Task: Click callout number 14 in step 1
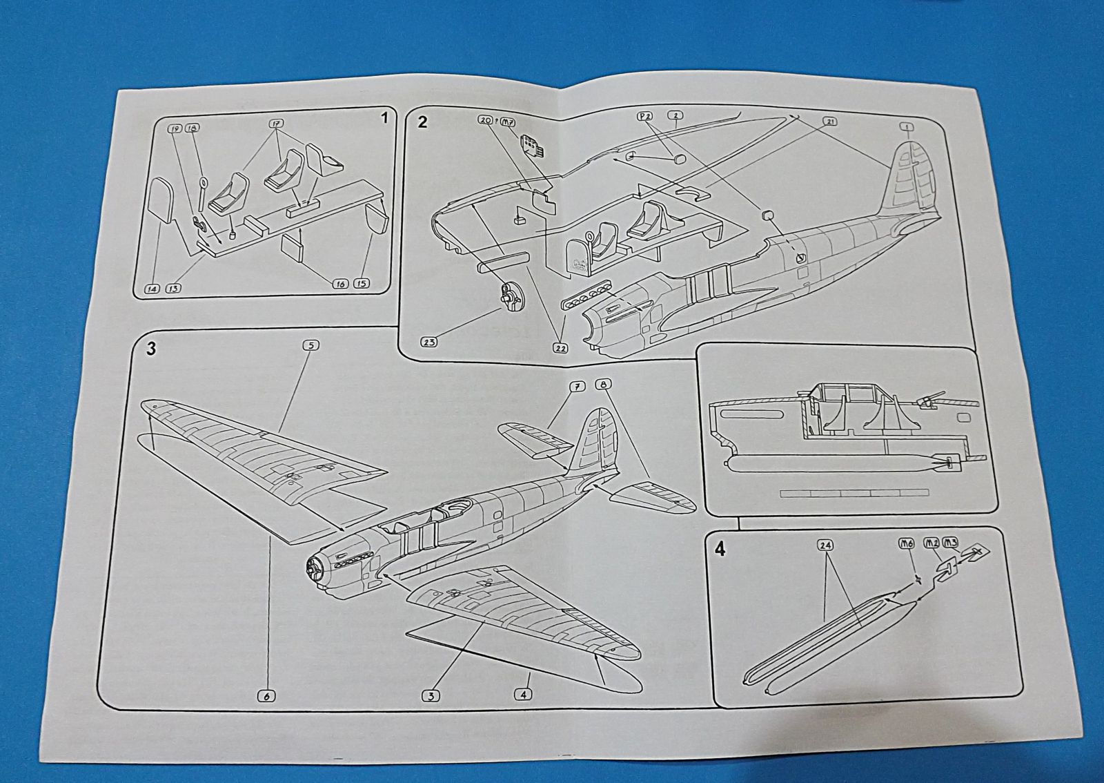[x=152, y=289]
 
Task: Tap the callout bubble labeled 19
[x=175, y=128]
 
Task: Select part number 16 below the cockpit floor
[x=340, y=284]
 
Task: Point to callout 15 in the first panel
[x=362, y=283]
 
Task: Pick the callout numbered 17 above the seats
[x=277, y=124]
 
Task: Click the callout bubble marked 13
[x=172, y=288]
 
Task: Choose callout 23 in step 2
[x=428, y=342]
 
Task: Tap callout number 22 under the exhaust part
[x=560, y=349]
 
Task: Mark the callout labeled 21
[x=830, y=122]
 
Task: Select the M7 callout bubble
[x=508, y=122]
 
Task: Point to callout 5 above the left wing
[x=310, y=345]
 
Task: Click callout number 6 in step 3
[x=266, y=697]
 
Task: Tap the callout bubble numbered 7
[x=576, y=387]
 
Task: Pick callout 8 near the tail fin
[x=605, y=385]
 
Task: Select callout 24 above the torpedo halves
[x=825, y=545]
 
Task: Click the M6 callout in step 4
[x=907, y=543]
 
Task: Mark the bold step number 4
[x=720, y=550]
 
